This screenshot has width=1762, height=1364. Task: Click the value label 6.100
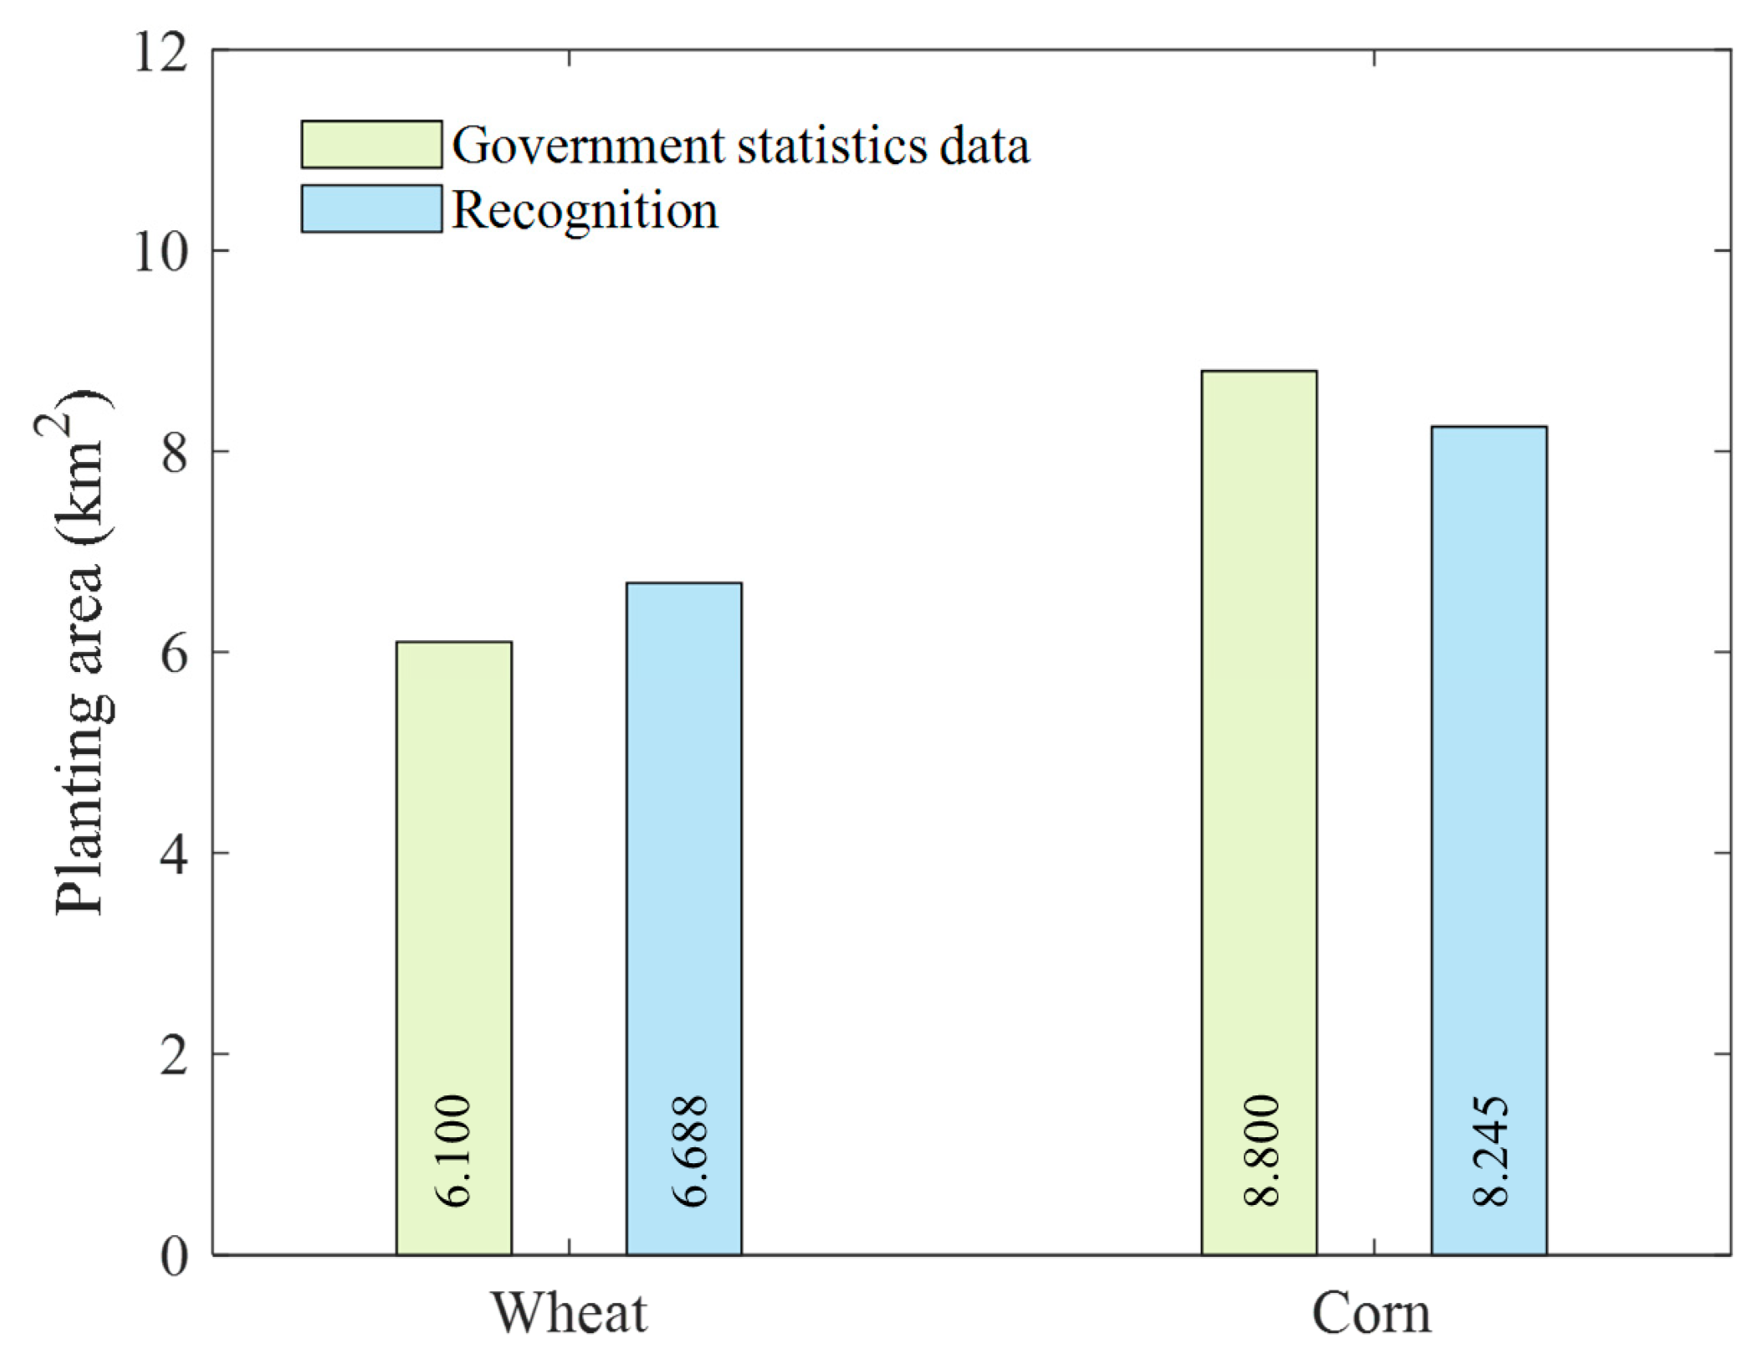pos(454,1150)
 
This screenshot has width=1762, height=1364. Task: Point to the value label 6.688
pos(691,1150)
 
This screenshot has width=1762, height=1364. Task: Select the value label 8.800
pos(1262,1150)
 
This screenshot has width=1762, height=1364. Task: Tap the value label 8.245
pos(1491,1150)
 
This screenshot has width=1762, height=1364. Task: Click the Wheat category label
pos(569,1313)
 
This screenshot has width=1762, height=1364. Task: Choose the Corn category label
pos(1371,1313)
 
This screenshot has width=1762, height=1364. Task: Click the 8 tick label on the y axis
pos(174,453)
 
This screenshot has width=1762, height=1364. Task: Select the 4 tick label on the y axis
pos(174,854)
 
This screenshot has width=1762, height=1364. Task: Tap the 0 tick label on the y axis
pos(174,1256)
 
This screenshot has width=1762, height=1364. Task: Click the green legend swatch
pos(371,144)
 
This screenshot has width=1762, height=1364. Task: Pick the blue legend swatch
pos(371,208)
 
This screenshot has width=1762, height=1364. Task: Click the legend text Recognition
pos(585,210)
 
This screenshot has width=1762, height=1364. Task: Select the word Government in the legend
pos(588,146)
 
